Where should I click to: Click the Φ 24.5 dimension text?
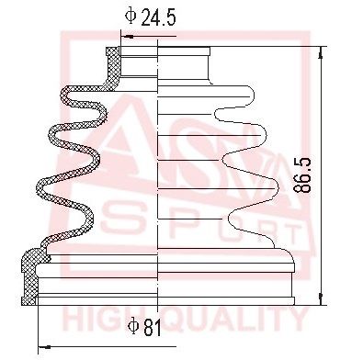click(151, 16)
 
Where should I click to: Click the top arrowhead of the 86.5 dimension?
click(322, 53)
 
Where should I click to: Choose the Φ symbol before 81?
click(132, 324)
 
